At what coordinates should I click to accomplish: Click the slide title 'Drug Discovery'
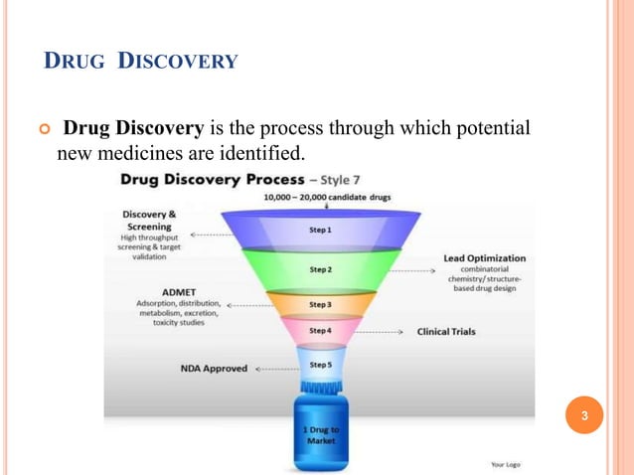142,63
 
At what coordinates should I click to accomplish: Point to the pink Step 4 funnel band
320,330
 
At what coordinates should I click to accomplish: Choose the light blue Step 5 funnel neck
320,364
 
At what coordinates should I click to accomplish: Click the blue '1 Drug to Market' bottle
320,433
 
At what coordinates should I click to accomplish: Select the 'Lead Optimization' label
485,258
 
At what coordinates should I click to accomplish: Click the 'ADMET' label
151,292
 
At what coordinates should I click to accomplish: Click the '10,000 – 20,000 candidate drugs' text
327,198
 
